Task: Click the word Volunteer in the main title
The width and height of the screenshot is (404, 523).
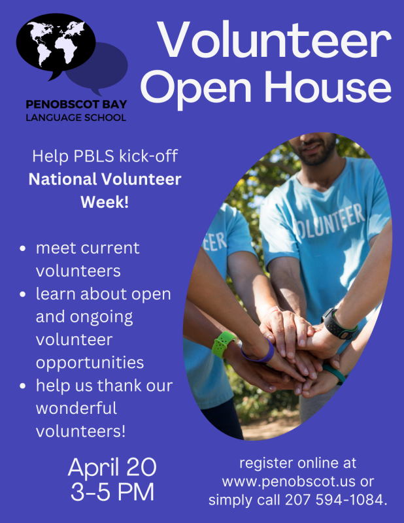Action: click(274, 40)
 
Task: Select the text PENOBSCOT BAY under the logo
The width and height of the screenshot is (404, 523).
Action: click(76, 105)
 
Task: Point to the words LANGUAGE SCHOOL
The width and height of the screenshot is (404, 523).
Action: click(76, 118)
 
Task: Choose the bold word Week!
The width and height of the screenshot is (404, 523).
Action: click(105, 202)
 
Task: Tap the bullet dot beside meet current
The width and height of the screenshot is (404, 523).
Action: click(23, 248)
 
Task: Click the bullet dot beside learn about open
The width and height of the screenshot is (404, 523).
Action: click(23, 295)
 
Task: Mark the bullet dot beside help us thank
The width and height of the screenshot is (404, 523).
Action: click(23, 386)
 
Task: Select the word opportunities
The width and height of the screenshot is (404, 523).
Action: click(90, 363)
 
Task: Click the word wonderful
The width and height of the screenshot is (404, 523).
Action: click(76, 408)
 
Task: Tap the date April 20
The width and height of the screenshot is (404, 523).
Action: click(112, 467)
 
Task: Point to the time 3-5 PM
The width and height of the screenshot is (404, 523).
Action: click(112, 492)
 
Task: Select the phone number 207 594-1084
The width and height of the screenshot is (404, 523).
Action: click(336, 500)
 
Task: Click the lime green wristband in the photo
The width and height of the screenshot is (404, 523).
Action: click(224, 345)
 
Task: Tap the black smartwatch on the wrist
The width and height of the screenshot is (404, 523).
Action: click(337, 324)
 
